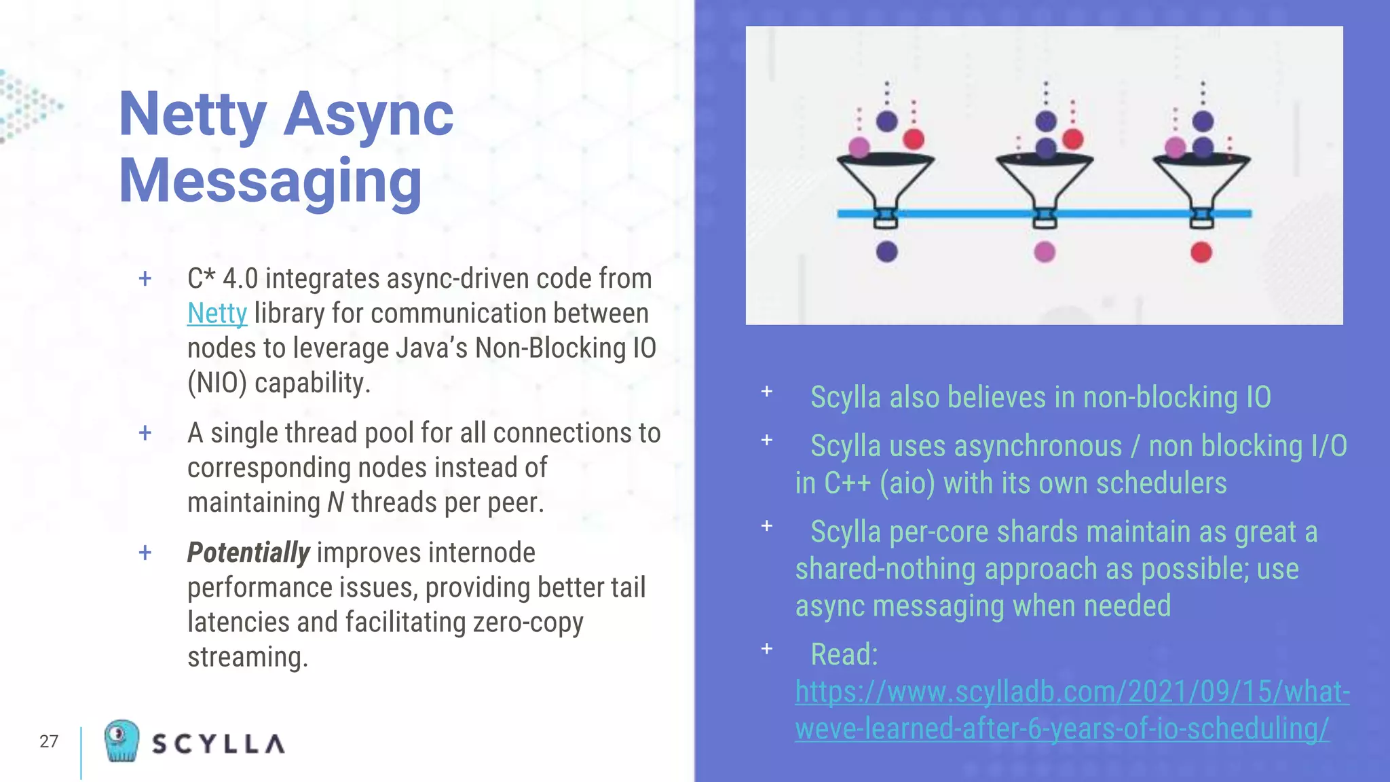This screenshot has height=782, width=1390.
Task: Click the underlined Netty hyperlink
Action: pyautogui.click(x=217, y=314)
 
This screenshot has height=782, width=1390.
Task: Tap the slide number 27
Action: pyautogui.click(x=49, y=741)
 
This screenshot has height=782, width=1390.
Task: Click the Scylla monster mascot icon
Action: pyautogui.click(x=121, y=741)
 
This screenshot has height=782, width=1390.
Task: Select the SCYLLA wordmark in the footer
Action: pyautogui.click(x=219, y=744)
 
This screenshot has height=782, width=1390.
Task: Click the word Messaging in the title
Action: pyautogui.click(x=270, y=181)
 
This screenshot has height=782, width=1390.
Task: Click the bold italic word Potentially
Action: pyautogui.click(x=248, y=553)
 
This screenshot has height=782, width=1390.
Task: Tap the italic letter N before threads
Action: pyautogui.click(x=336, y=503)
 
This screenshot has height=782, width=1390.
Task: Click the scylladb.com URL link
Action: pyautogui.click(x=1072, y=710)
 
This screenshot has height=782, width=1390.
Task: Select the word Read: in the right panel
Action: pyautogui.click(x=844, y=654)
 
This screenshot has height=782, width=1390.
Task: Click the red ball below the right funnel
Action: pyautogui.click(x=1201, y=253)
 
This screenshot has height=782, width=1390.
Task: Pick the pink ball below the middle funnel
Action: pyautogui.click(x=1045, y=253)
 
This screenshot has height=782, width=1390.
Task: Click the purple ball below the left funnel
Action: pyautogui.click(x=886, y=252)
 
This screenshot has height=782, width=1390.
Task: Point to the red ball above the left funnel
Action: pyautogui.click(x=914, y=139)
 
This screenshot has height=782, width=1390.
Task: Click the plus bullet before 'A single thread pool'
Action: pyautogui.click(x=145, y=432)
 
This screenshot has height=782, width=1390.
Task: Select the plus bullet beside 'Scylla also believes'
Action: pyautogui.click(x=767, y=392)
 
